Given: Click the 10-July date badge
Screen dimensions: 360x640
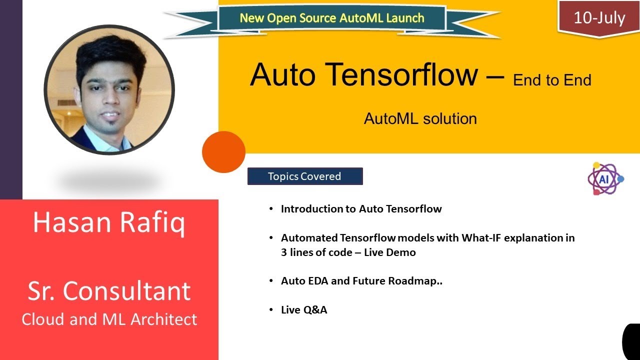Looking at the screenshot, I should click(x=599, y=18).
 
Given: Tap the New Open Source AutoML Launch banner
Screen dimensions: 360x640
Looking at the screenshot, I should click(x=331, y=18).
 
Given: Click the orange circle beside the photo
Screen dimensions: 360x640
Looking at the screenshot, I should click(x=223, y=152).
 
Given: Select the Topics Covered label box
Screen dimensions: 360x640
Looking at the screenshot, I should click(x=304, y=176).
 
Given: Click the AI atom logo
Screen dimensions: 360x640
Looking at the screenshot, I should click(x=605, y=178).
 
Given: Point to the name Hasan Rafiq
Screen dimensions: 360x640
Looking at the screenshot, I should click(x=108, y=222).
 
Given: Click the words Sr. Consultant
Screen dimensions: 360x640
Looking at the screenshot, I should click(x=109, y=291).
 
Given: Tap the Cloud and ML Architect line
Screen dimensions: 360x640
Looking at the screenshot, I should click(x=109, y=319).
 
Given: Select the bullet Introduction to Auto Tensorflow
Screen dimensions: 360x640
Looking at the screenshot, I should click(x=361, y=209).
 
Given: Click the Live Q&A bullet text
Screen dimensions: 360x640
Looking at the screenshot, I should click(x=304, y=310).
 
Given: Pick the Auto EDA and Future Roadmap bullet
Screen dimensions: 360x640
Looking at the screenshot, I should click(x=361, y=281).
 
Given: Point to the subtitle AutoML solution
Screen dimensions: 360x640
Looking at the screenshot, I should click(x=420, y=119).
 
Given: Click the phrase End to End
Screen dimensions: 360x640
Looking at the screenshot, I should click(x=552, y=80).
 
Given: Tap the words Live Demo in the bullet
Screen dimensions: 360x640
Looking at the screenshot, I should click(x=389, y=252).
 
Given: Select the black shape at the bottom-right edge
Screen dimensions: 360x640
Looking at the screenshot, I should click(x=632, y=341).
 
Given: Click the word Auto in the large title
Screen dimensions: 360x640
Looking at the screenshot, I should click(x=283, y=75).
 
